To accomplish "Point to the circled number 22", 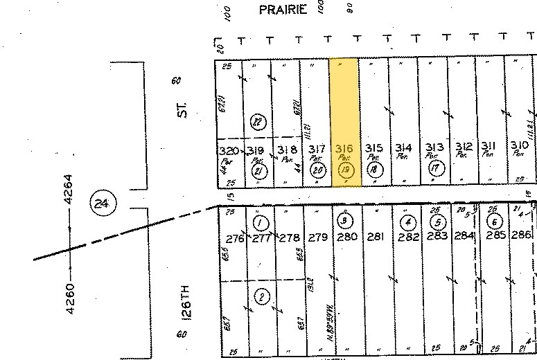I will (x=258, y=122).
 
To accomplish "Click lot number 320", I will (x=229, y=151).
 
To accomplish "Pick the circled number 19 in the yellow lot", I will (x=346, y=170).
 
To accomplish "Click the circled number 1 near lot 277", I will (x=260, y=223).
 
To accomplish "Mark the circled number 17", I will (x=436, y=168).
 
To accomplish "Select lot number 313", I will (x=434, y=147).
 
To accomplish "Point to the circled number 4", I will (x=408, y=222).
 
